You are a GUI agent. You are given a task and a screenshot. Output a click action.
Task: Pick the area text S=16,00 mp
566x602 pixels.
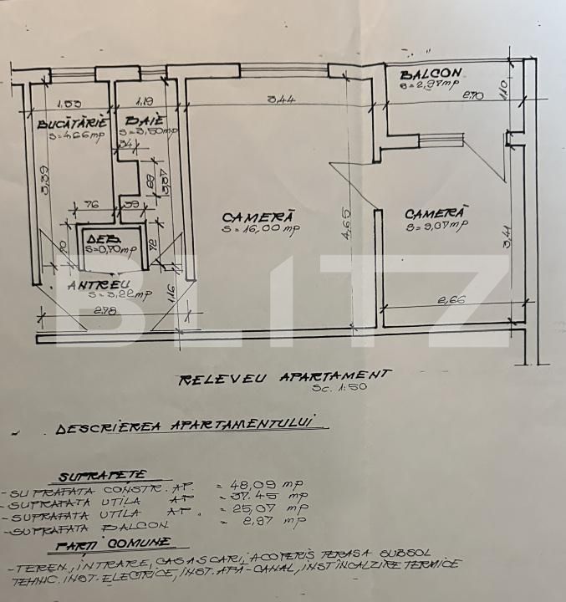pos(260,227)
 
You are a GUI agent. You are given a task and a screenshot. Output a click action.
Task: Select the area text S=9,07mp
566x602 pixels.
pos(436,224)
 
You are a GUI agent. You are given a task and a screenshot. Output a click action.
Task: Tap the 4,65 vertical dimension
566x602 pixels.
pos(347,224)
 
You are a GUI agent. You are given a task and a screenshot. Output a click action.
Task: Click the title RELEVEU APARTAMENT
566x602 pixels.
pos(284,377)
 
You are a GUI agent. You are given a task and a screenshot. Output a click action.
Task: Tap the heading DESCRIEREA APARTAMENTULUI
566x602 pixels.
pos(189,426)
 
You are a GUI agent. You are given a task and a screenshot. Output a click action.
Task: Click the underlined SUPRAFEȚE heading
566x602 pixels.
pos(92,476)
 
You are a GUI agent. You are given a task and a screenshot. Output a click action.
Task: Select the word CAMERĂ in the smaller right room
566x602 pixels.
pos(436,212)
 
